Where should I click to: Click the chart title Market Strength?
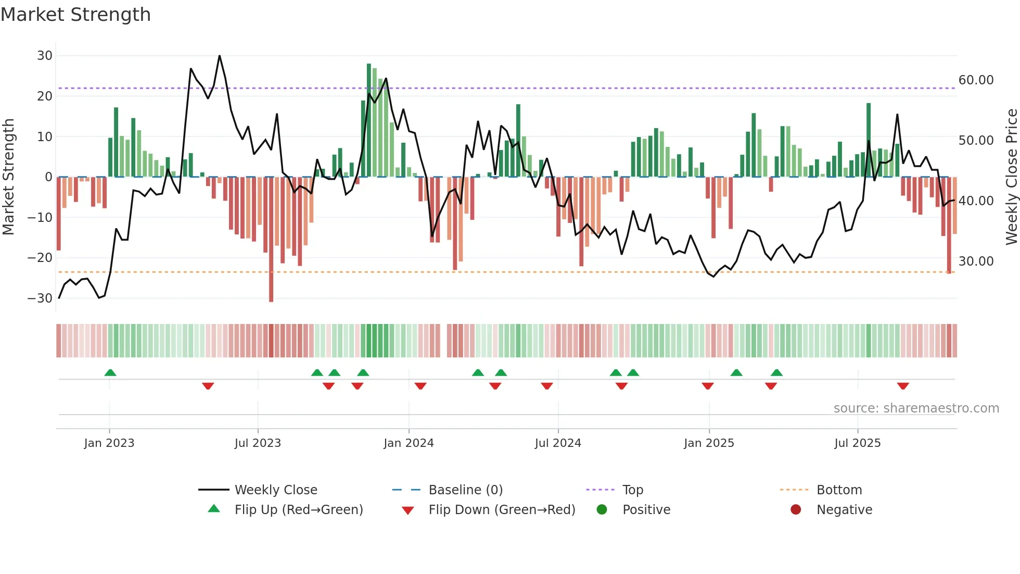coord(75,15)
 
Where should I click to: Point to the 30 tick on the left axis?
coord(45,56)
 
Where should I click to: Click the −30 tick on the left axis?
coord(40,298)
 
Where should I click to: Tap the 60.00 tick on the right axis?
coord(976,80)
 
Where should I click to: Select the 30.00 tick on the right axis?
coord(976,261)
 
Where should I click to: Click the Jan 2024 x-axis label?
coord(409,443)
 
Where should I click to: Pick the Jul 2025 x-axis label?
coord(857,443)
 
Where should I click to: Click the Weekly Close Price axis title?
coord(1011,177)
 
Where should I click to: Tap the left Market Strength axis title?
coord(8,177)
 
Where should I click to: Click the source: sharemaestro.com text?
coord(916,408)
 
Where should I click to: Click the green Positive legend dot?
coord(602,510)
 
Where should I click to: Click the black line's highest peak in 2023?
coord(220,56)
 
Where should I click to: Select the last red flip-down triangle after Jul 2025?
coord(903,386)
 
